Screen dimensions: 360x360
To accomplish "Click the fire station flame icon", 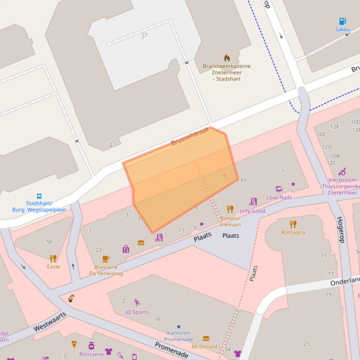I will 227,58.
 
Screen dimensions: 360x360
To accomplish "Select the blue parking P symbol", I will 145,36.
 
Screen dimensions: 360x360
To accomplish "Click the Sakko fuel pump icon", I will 342,21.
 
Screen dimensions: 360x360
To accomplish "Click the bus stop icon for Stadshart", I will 39,196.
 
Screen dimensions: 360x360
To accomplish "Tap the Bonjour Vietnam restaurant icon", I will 230,209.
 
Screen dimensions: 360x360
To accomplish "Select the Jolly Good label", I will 252,211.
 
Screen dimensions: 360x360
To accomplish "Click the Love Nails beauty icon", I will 279,189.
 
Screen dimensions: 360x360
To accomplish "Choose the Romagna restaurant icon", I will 293,224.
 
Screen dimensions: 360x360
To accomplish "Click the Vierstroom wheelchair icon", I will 342,172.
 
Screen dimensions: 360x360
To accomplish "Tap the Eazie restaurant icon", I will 53,259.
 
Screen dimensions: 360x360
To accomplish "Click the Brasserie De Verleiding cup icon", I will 106,259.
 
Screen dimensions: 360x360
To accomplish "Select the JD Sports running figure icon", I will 137,302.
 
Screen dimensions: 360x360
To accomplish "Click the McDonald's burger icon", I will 206,338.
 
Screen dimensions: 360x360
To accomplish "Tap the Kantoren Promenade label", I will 178,336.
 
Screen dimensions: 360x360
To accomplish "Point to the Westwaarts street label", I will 50,323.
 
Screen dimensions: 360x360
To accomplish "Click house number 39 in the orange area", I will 223,176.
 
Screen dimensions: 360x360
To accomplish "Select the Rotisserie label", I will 91,354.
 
